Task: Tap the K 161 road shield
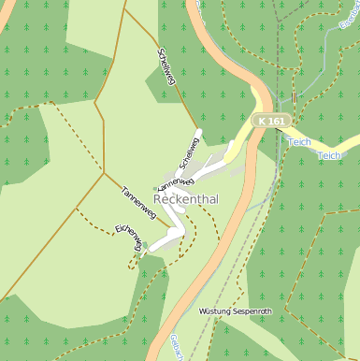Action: pyautogui.click(x=272, y=122)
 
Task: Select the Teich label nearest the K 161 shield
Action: pyautogui.click(x=298, y=142)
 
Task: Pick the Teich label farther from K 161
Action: pyautogui.click(x=329, y=156)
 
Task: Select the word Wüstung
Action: pyautogui.click(x=216, y=310)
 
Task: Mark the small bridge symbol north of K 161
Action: pyautogui.click(x=295, y=96)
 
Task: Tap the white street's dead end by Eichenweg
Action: pyautogui.click(x=151, y=248)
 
